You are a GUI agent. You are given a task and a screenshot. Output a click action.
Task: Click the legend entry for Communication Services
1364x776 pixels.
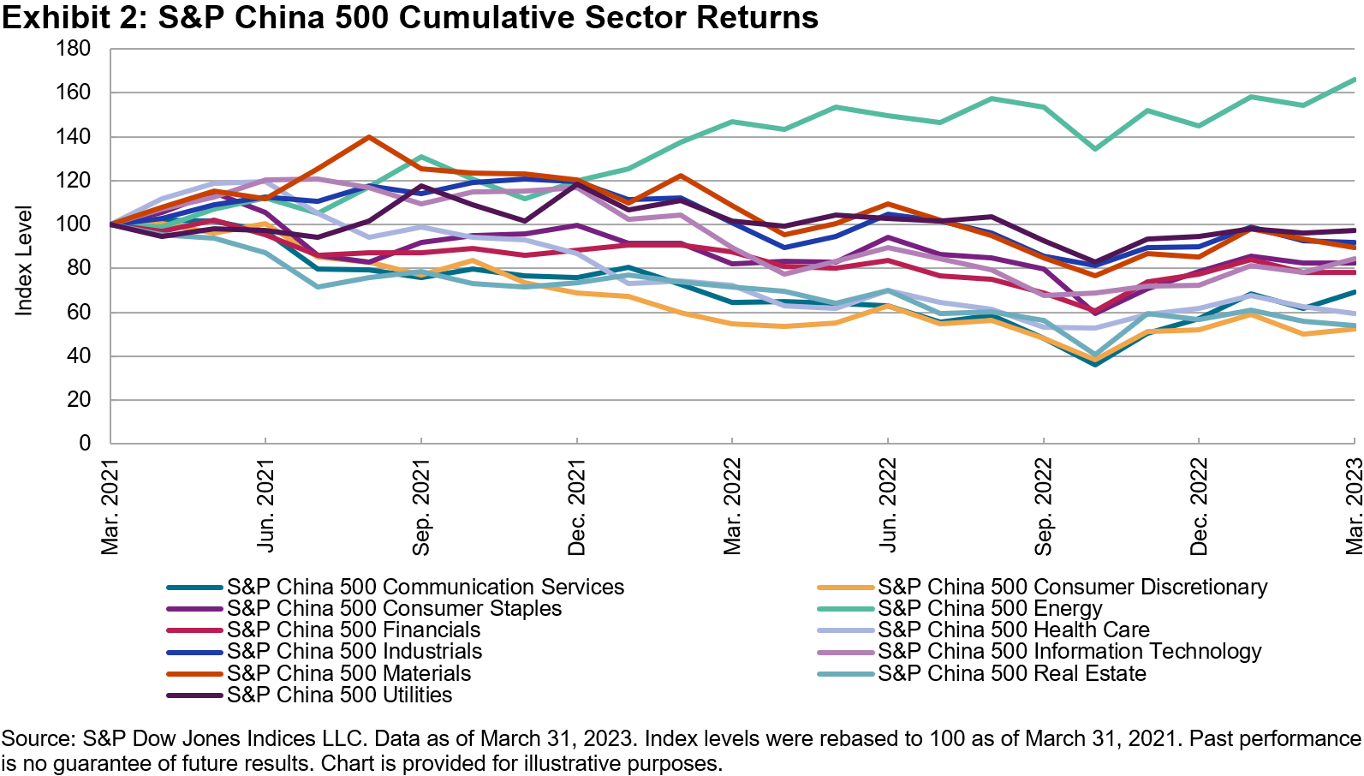coord(426,587)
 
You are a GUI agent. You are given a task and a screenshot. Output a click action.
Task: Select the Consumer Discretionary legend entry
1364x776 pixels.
coord(1072,587)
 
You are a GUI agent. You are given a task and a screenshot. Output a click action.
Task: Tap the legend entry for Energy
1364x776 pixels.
coord(990,608)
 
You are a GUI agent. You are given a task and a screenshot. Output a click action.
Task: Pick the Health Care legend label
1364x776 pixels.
coord(1014,630)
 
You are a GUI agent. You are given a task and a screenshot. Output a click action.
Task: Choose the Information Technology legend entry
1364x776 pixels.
coord(1069,651)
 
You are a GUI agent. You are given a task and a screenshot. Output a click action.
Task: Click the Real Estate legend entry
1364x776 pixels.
coord(1012,673)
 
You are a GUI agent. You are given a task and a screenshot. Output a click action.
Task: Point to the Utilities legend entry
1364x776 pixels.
coord(339,695)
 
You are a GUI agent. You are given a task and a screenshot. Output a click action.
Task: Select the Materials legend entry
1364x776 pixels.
coord(348,673)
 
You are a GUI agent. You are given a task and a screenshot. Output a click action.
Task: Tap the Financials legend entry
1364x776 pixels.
coord(354,630)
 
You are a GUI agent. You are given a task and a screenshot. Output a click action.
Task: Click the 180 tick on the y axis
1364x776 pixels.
coord(74,49)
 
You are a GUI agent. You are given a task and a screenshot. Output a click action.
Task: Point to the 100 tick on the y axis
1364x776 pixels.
coord(74,224)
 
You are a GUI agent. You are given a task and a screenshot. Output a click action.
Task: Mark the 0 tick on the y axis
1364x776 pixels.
coord(85,443)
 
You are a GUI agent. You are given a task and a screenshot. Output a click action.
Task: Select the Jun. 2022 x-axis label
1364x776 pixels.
coord(888,506)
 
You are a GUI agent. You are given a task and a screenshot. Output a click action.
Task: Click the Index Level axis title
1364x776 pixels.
coord(24,260)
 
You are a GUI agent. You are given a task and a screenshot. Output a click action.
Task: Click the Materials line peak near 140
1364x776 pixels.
coord(368,137)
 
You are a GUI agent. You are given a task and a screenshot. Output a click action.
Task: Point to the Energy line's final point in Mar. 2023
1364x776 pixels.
coord(1354,80)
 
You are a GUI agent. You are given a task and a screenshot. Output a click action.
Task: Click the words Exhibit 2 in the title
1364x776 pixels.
coord(73,17)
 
